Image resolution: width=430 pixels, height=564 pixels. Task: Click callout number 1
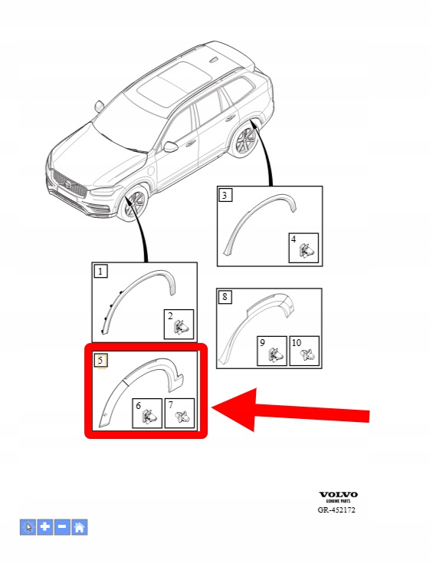pyautogui.click(x=100, y=271)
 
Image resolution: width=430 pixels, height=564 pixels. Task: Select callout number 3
pyautogui.click(x=225, y=196)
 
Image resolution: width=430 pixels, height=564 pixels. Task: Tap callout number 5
pyautogui.click(x=100, y=360)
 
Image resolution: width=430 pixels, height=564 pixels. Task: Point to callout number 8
pyautogui.click(x=225, y=297)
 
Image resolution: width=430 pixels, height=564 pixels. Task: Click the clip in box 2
pyautogui.click(x=182, y=328)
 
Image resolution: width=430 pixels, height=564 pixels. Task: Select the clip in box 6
pyautogui.click(x=149, y=417)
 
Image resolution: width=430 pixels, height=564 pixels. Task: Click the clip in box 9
pyautogui.click(x=275, y=355)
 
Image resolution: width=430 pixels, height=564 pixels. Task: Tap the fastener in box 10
pyautogui.click(x=307, y=355)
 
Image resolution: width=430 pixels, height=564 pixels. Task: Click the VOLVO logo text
pyautogui.click(x=338, y=495)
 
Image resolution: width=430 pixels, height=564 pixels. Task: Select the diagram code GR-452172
pyautogui.click(x=336, y=510)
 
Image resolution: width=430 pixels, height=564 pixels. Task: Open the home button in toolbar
pyautogui.click(x=80, y=528)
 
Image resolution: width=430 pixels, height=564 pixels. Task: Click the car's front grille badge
pyautogui.click(x=67, y=184)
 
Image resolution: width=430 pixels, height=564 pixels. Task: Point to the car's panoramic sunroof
pyautogui.click(x=175, y=84)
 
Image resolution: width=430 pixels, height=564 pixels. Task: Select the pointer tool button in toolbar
pyautogui.click(x=28, y=528)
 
